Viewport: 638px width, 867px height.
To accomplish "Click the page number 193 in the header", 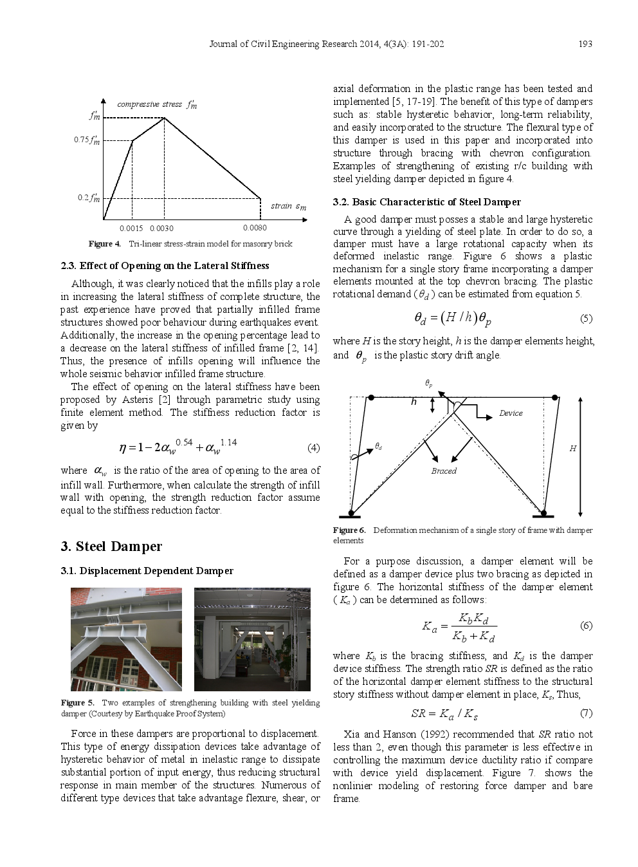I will (x=585, y=44).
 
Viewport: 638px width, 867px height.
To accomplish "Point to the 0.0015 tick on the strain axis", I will (x=131, y=228).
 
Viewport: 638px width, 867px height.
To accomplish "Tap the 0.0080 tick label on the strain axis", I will (x=255, y=228).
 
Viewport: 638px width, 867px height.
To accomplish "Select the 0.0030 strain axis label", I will (x=161, y=228).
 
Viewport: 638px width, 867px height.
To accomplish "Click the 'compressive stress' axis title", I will (x=150, y=104).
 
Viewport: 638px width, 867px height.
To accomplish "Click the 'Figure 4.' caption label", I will (x=104, y=244).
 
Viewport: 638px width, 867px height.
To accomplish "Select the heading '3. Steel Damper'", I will (x=111, y=546).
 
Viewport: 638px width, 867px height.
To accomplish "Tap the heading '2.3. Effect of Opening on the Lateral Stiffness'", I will (x=165, y=266).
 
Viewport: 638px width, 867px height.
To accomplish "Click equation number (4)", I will (x=313, y=448).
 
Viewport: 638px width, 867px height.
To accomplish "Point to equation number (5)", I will (x=586, y=318).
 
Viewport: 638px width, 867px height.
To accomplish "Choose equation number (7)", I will (x=586, y=713).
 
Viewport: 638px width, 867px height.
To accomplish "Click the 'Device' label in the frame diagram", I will (x=511, y=413).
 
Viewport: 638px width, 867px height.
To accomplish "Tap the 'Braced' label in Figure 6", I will (x=444, y=471).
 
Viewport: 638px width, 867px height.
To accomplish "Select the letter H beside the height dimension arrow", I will (x=572, y=449).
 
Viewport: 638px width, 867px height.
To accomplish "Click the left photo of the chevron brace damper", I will (x=126, y=639).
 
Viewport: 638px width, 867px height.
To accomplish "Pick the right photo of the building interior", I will (x=252, y=639).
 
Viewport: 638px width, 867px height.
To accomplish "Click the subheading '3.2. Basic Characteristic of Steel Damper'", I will (x=427, y=202).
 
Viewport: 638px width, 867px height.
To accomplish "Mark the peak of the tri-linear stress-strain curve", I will (x=165, y=118).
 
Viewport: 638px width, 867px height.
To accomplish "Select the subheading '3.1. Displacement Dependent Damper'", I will (x=147, y=571).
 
